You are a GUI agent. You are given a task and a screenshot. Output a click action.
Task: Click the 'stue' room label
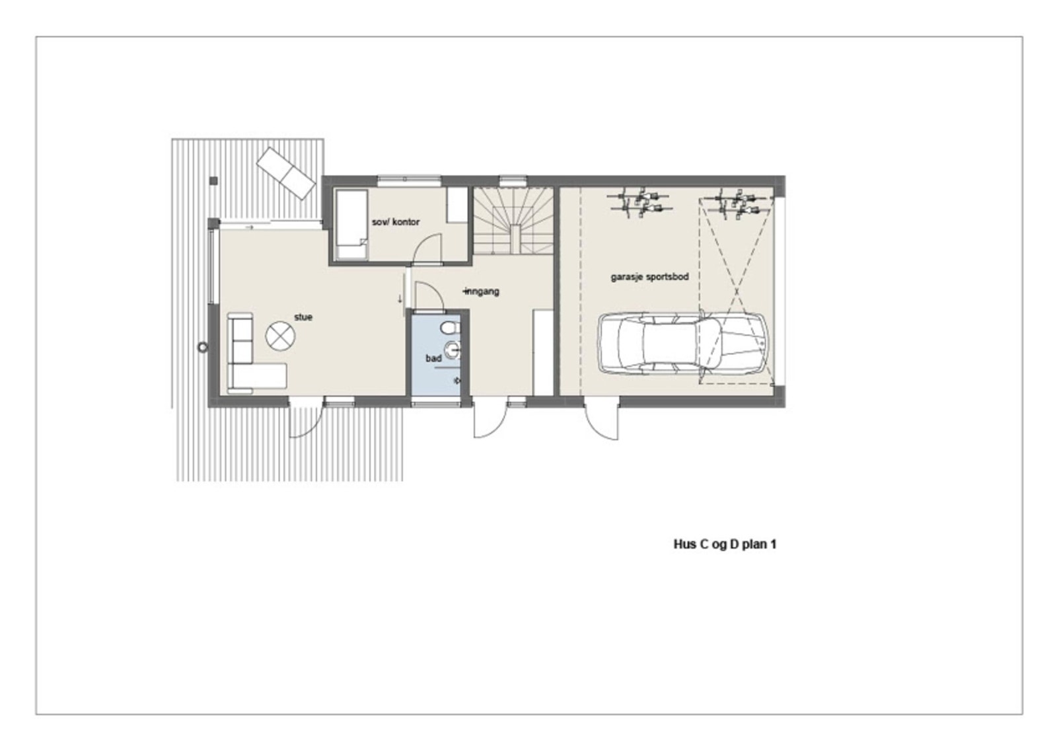click(303, 317)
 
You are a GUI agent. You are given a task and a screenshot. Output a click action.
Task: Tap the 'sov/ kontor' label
click(395, 223)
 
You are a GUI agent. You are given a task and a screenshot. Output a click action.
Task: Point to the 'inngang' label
click(482, 291)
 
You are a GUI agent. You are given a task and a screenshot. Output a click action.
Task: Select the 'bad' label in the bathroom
click(433, 358)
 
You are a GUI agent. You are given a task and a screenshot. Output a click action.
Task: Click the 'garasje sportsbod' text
click(649, 277)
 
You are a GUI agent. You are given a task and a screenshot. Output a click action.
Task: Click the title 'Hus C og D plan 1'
click(725, 545)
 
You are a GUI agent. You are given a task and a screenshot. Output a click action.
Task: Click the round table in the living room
click(279, 335)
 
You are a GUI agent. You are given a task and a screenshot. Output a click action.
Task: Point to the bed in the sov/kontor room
click(351, 225)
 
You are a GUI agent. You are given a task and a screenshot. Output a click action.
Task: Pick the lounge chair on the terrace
click(287, 173)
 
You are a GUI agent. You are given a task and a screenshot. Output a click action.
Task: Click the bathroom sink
click(453, 351)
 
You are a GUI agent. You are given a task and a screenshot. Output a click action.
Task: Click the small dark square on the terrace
click(213, 180)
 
